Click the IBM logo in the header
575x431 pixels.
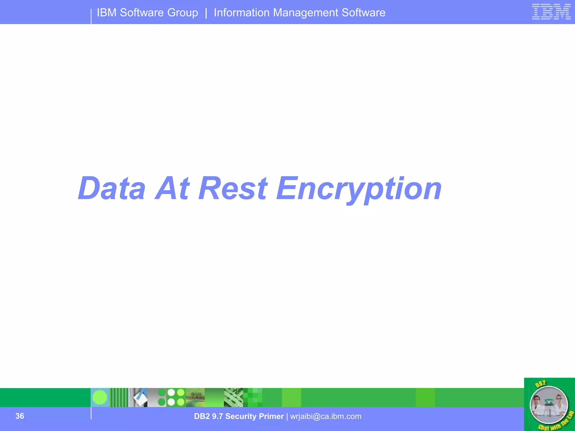point(551,12)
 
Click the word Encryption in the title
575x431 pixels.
point(359,189)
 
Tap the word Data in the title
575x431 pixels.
point(112,189)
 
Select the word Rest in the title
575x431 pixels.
point(233,189)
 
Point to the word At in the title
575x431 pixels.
point(172,189)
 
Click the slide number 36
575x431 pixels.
point(20,416)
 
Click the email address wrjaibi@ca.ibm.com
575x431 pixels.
point(326,416)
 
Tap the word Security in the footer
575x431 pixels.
point(240,416)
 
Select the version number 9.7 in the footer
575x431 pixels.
point(217,416)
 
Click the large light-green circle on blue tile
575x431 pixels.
point(100,398)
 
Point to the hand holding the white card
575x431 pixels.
point(141,398)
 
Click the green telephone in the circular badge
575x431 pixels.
point(548,402)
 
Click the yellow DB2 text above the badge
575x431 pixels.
point(540,384)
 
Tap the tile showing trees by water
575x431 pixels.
point(195,398)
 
